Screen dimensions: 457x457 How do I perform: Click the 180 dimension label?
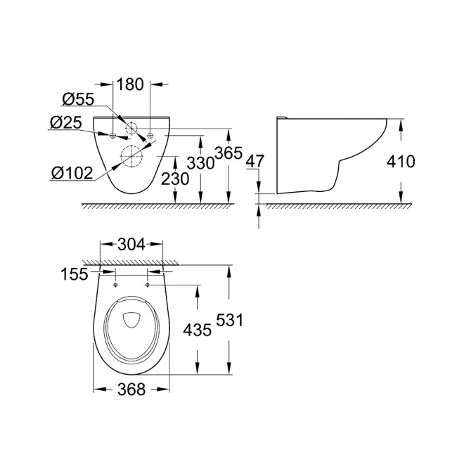tap(131, 85)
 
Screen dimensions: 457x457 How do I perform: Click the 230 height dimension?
tap(175, 180)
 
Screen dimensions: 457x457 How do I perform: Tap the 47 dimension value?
tap(256, 162)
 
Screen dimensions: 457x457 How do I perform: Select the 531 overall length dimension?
tap(231, 320)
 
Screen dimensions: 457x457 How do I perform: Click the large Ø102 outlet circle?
tap(130, 157)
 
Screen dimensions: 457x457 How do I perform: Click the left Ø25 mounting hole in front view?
tap(112, 133)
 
